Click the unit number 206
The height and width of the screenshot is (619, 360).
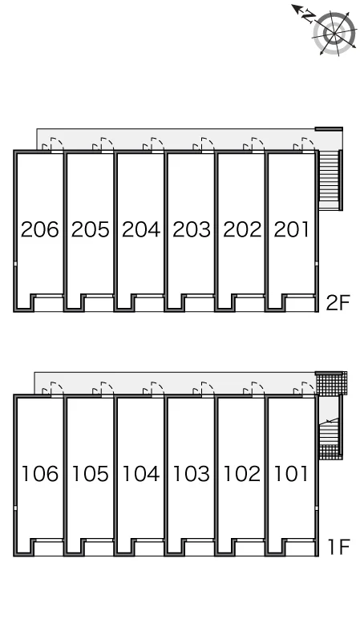39,229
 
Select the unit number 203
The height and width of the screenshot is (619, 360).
192,229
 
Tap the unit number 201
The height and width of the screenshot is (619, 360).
291,229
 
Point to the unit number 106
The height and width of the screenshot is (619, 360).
39,473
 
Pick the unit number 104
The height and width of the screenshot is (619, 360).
141,473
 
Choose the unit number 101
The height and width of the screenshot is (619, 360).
291,473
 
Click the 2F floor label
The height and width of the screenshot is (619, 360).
338,303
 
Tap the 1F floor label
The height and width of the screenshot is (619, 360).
338,547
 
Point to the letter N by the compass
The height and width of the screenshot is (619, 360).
309,16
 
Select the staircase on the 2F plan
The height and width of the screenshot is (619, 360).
331,180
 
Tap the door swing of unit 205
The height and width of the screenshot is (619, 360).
103,144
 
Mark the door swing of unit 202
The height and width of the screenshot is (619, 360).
254,144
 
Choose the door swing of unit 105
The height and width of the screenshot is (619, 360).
103,388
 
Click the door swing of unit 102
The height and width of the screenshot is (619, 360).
254,388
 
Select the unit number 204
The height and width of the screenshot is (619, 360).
141,229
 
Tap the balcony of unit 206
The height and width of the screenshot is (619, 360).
48,304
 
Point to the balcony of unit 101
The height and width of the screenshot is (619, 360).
301,548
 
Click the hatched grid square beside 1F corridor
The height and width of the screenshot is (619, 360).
331,383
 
